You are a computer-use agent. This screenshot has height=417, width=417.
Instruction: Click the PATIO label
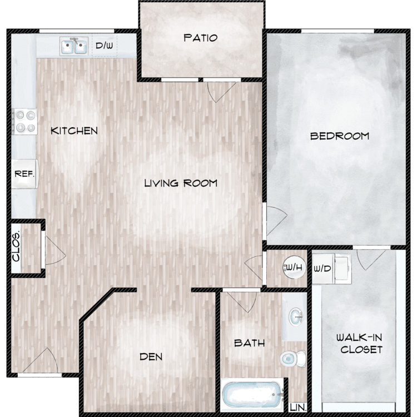tap(201, 38)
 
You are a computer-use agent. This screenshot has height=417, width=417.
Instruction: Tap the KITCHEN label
tap(74, 131)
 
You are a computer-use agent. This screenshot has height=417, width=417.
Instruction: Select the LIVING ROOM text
tap(181, 183)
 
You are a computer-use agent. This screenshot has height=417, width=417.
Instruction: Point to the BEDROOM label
tap(340, 136)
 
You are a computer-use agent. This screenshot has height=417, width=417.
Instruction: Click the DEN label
tap(151, 356)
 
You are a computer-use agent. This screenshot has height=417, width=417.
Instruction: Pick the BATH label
tap(250, 343)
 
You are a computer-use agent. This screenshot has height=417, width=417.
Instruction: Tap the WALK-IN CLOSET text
tap(360, 344)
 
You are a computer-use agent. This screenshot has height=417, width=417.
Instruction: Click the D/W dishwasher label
tap(105, 46)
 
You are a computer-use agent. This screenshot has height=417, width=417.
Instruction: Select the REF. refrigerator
tap(24, 174)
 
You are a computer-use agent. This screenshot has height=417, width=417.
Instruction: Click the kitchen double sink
tap(74, 46)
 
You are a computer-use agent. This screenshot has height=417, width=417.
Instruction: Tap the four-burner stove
tap(24, 122)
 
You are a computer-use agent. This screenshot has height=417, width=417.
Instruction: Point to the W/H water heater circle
tap(294, 267)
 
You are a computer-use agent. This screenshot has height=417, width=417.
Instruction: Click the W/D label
tap(322, 269)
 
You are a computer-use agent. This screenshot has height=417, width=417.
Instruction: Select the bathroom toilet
tap(293, 359)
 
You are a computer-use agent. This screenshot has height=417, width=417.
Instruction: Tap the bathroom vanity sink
tap(296, 316)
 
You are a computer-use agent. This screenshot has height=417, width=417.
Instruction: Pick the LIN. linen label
tap(298, 408)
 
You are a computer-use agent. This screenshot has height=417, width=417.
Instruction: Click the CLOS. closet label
tap(16, 247)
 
